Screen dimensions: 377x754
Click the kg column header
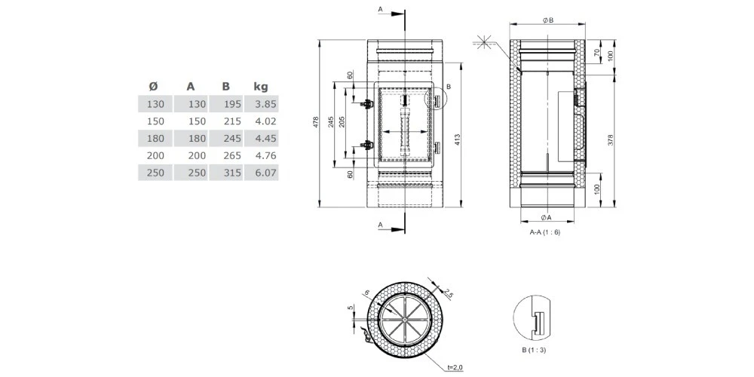tap(261, 86)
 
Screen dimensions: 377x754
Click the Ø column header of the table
tap(153, 86)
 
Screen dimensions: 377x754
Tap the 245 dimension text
tap(330, 122)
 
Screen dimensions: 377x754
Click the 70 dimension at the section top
tap(597, 54)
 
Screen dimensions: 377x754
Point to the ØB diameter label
tap(548, 20)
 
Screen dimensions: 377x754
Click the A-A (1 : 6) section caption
tap(544, 233)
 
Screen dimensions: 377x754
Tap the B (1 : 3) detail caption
tap(533, 350)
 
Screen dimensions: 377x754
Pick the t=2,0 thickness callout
tap(455, 367)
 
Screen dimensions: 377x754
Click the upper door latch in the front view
tap(366, 103)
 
